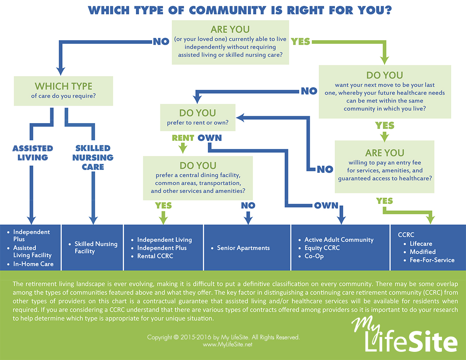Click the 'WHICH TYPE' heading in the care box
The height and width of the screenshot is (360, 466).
[63, 86]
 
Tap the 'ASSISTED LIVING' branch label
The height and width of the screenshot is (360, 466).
[33, 153]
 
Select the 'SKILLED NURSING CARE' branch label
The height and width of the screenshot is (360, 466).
[93, 157]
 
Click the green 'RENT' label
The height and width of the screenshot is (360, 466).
[183, 138]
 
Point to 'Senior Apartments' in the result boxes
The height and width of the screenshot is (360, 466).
[243, 248]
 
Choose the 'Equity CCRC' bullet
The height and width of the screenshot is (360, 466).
[322, 248]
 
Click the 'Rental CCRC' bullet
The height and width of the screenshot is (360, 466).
[155, 256]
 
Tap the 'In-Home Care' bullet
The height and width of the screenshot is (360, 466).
[33, 264]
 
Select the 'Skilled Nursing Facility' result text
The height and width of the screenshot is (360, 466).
[96, 247]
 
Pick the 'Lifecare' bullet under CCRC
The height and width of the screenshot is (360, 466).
[421, 243]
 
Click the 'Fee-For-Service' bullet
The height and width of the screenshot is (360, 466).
[432, 260]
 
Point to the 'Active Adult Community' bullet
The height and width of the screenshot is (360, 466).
[339, 240]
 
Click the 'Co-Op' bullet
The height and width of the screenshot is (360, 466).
[314, 256]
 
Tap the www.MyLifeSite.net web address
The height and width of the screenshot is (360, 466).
[228, 344]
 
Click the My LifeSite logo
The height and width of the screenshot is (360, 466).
[405, 334]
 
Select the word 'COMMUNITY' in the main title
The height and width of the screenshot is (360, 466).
[228, 10]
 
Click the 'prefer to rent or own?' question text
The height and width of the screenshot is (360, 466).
[198, 123]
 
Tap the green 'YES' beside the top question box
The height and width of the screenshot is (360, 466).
[300, 42]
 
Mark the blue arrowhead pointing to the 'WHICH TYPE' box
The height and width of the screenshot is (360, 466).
[61, 71]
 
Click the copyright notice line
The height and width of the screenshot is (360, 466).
[223, 337]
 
